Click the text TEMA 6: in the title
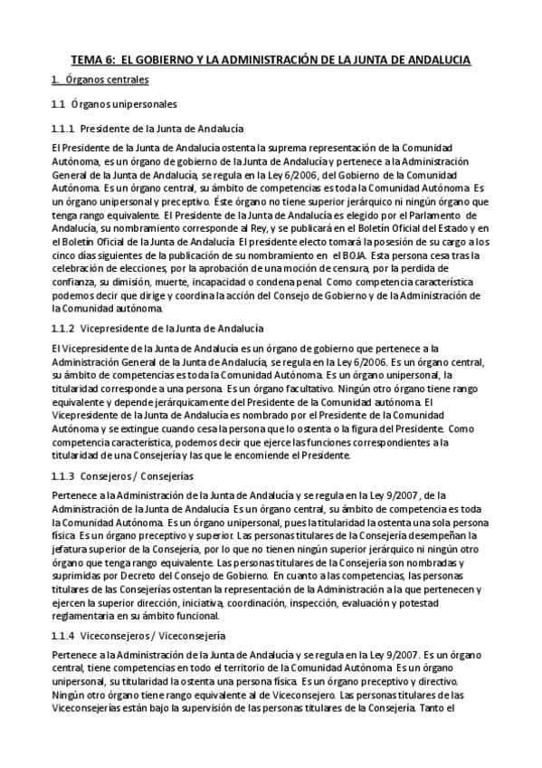tap(91, 59)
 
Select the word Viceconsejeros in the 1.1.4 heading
tap(115, 637)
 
